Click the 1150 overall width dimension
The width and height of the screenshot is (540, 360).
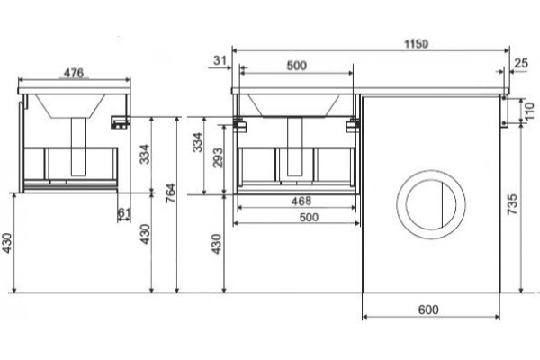point(416,44)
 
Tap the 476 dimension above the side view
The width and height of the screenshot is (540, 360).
point(74,73)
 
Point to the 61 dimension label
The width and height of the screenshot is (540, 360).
point(124,213)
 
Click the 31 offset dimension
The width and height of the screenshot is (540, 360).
point(220,60)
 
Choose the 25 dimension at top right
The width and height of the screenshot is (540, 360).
point(521,63)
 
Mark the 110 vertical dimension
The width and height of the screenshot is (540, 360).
point(530,111)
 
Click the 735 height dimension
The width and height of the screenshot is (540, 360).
point(512,204)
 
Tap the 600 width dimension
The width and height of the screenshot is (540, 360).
point(428,310)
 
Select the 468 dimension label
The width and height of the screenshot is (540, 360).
point(301,201)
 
